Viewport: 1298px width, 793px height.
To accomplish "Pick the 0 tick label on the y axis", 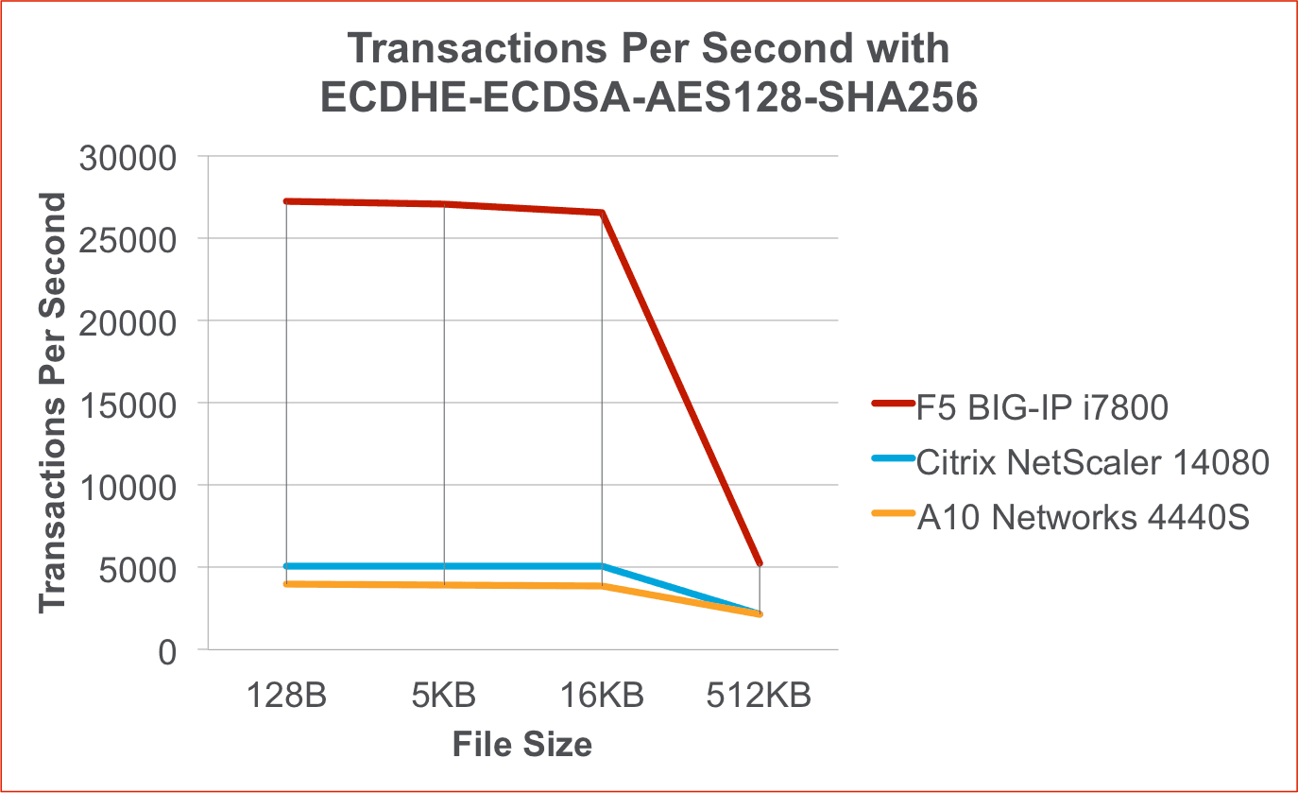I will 167,651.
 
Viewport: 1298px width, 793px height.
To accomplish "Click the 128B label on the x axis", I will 286,696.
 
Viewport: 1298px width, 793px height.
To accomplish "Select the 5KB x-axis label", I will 444,696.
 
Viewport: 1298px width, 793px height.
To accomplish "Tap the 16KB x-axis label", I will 602,696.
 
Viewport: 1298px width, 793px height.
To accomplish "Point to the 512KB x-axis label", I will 759,696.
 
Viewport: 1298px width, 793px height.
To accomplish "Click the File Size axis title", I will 521,745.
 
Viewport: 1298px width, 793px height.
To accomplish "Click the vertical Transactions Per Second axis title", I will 55,404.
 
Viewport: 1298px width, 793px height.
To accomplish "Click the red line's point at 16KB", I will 602,213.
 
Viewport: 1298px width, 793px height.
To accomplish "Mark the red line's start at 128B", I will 286,201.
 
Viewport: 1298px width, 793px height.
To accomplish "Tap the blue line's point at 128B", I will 286,566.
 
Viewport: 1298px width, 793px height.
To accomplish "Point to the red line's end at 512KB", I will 760,564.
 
